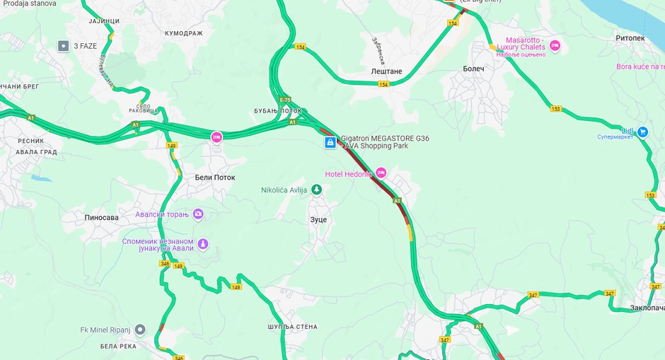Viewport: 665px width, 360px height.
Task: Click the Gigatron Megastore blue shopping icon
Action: click(x=330, y=142)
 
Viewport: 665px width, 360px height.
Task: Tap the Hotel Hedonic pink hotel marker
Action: click(x=381, y=173)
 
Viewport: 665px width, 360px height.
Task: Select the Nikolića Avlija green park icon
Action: click(x=317, y=190)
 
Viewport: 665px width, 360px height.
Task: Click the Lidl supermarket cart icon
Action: click(x=642, y=132)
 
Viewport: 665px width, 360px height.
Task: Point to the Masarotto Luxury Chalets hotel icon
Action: click(x=555, y=45)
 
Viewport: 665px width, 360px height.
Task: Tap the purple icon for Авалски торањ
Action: click(x=198, y=214)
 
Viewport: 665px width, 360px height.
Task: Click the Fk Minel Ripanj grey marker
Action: click(x=140, y=330)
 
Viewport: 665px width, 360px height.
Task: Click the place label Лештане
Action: click(x=386, y=71)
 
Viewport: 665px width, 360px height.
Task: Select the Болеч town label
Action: click(x=473, y=69)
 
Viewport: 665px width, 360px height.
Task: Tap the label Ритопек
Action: click(x=630, y=38)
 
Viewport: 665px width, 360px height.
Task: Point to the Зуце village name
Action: click(x=318, y=220)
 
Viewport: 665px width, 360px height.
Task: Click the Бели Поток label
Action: click(x=215, y=178)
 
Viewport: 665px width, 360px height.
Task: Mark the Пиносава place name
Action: click(x=101, y=217)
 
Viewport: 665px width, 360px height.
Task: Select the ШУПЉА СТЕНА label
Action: click(x=292, y=327)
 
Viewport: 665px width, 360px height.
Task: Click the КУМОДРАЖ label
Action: click(x=183, y=33)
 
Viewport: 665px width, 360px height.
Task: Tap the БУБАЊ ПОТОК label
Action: click(x=277, y=111)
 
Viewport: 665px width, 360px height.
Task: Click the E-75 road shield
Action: click(x=285, y=100)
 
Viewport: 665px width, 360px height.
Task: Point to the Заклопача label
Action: click(x=647, y=308)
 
